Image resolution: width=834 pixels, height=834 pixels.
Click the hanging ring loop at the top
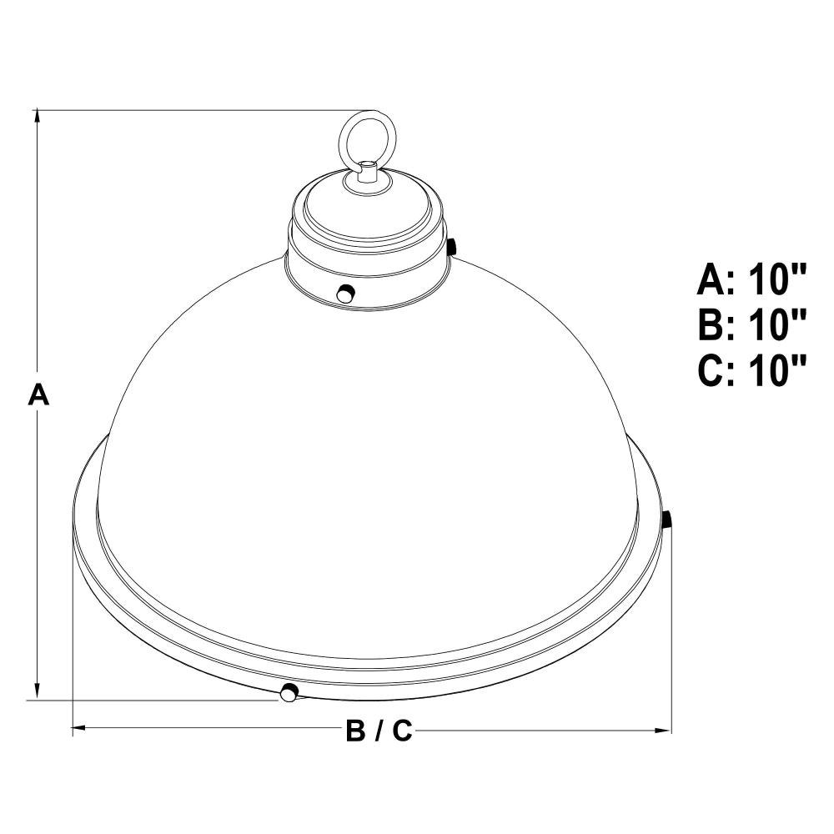click(341, 139)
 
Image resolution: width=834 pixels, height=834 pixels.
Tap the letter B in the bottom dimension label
click(354, 731)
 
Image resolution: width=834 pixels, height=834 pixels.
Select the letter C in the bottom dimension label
click(403, 731)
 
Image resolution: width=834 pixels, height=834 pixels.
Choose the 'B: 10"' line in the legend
click(752, 324)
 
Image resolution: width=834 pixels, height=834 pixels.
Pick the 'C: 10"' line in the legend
click(752, 370)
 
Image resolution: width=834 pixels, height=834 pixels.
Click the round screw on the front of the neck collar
click(346, 293)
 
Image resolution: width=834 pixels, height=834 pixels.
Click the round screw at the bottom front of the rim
click(289, 692)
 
